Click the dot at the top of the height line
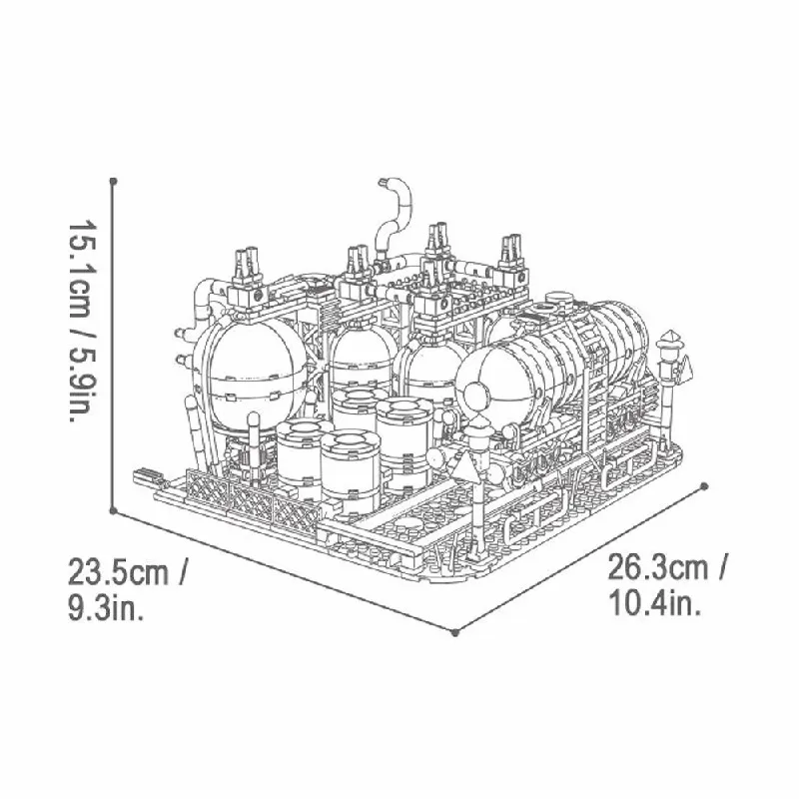coord(115,181)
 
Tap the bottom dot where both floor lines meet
coord(455,631)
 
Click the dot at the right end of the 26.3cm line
coord(704,487)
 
